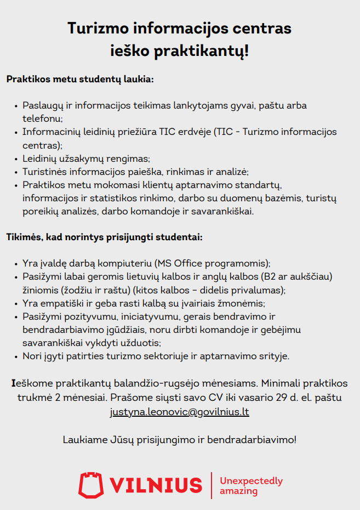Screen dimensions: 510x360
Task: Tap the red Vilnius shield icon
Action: point(91,485)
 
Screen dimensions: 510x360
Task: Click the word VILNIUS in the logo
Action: point(156,485)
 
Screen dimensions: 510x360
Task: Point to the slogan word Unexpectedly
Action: point(251,481)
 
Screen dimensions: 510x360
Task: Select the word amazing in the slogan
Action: point(238,491)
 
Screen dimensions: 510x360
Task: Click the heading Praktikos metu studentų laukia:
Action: point(80,79)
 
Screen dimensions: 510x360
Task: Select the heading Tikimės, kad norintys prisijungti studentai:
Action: point(105,238)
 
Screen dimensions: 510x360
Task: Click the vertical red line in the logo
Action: point(212,485)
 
